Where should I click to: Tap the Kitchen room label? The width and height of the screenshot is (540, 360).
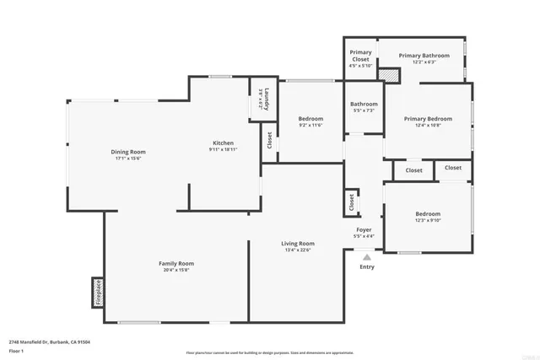[x=223, y=143]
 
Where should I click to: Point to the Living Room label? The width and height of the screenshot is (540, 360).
[x=298, y=244]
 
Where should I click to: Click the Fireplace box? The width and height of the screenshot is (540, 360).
[x=98, y=292]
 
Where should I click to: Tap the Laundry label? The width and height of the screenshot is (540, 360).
[x=265, y=100]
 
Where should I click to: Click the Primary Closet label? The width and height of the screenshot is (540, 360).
[x=360, y=56]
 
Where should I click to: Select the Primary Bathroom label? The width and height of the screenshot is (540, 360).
[x=424, y=56]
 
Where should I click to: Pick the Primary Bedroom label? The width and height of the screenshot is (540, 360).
[x=427, y=119]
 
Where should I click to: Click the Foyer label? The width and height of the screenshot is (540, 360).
[x=364, y=229]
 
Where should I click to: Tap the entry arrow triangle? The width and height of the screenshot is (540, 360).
[x=366, y=258]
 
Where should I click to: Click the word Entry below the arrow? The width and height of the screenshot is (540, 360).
[x=367, y=267]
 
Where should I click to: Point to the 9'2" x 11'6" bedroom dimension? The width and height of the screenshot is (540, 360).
[x=310, y=126]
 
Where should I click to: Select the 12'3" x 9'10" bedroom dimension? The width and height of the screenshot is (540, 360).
[x=427, y=221]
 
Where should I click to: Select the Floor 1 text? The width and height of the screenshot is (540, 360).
[x=16, y=350]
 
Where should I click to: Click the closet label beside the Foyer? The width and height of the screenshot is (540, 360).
[x=350, y=203]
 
